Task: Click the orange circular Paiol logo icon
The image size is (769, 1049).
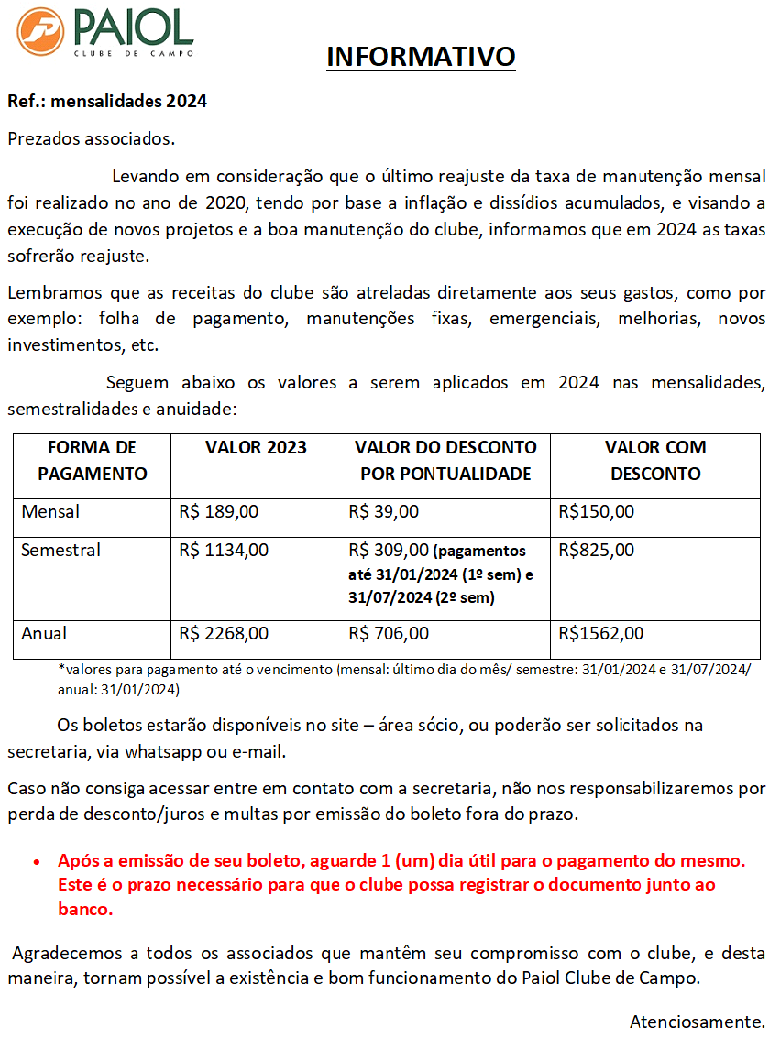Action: (40, 31)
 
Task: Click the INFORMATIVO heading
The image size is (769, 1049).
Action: (422, 57)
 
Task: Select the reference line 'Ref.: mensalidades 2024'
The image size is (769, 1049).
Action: (107, 102)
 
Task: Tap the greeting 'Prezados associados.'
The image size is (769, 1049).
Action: (91, 139)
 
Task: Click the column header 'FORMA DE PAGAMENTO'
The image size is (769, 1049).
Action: (92, 461)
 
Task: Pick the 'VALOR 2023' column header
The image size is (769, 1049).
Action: (256, 448)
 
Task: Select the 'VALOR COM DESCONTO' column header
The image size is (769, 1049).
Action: (655, 461)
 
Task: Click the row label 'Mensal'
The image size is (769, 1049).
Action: (50, 512)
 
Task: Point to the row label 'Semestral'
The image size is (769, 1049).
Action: (60, 551)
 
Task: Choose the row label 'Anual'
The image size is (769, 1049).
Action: (44, 634)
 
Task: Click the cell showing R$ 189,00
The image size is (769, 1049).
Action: (219, 512)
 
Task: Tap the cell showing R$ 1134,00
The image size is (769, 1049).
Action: (224, 551)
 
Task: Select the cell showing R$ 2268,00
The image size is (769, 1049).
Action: (224, 634)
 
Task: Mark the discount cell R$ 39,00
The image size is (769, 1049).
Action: (383, 512)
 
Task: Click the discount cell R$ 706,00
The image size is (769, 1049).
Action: (389, 634)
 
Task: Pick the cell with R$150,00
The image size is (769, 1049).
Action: (596, 512)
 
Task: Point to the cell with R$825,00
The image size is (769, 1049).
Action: (596, 551)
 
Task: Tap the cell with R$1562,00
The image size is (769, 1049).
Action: (600, 634)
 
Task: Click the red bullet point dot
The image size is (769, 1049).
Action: (36, 863)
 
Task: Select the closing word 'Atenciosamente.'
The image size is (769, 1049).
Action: (697, 1022)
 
